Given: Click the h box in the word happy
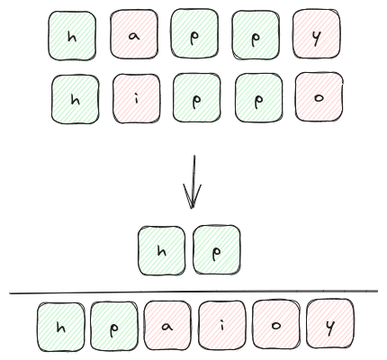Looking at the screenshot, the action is coord(72,36).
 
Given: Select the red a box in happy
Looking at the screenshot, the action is coord(134,34).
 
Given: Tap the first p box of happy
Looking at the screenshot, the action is coord(194,33).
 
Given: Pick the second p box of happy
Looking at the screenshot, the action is coord(256,35).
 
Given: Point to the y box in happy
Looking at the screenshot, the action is coord(317,34).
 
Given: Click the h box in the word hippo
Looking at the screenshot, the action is coord(76,100).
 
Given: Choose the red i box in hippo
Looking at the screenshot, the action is coord(137,99).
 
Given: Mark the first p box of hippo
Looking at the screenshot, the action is coord(197,98).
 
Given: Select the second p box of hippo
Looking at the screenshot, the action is coord(258,98).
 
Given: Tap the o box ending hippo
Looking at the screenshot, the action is coord(319,97).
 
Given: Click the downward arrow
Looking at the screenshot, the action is coord(193,182).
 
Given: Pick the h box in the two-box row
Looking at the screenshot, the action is coord(162,251).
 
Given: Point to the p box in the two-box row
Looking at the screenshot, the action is coord(217,249).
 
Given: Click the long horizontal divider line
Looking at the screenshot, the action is coord(193,292).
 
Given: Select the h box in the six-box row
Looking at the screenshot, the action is coord(61,327).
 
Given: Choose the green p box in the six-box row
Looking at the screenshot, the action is coord(114,326).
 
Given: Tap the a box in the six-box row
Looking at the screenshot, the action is coord(167,326).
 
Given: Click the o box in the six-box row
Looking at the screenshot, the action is coord(276,325).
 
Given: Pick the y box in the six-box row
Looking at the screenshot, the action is coord(330,324).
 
